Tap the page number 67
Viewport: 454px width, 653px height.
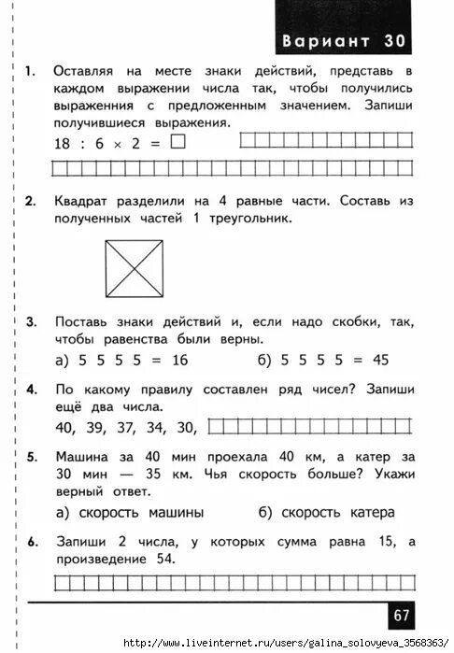click(402, 615)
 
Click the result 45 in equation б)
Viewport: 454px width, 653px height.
click(379, 360)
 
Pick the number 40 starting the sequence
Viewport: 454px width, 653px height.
click(66, 428)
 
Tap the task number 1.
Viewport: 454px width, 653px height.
click(31, 71)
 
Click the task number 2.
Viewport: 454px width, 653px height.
click(31, 201)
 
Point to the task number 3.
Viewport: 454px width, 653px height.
click(31, 322)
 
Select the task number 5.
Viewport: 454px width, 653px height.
click(31, 457)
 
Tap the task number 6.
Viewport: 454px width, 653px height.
click(31, 541)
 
